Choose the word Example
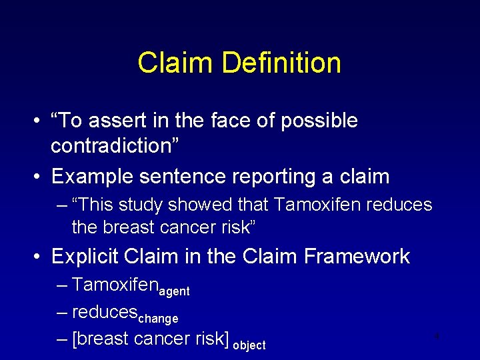[92, 177]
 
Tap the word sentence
[185, 177]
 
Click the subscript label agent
[173, 291]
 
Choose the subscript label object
[249, 345]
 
